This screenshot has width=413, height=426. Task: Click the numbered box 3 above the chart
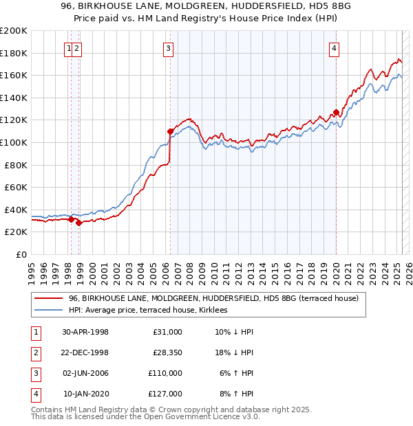(x=169, y=48)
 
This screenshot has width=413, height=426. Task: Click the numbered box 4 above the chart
(x=334, y=48)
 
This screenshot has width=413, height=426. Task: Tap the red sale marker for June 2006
(x=170, y=131)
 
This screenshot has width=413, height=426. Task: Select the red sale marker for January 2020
(x=336, y=111)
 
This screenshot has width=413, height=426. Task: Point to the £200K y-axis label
(x=14, y=31)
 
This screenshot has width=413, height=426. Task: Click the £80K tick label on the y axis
(x=16, y=165)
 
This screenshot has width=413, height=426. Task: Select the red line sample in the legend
(x=48, y=299)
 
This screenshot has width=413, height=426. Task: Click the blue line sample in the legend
(x=48, y=311)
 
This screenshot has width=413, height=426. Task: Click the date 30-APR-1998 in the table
(x=85, y=332)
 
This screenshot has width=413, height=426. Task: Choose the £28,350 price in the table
(x=165, y=353)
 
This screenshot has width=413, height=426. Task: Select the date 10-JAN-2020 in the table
(x=86, y=394)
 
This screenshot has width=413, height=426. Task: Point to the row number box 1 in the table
(x=34, y=333)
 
